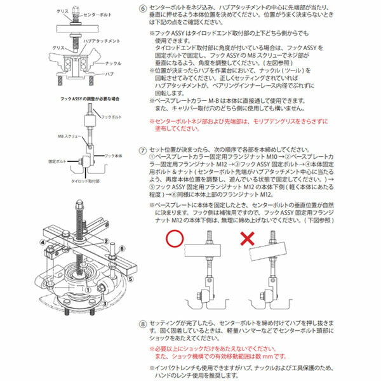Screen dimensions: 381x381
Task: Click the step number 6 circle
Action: tap(144, 6)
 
